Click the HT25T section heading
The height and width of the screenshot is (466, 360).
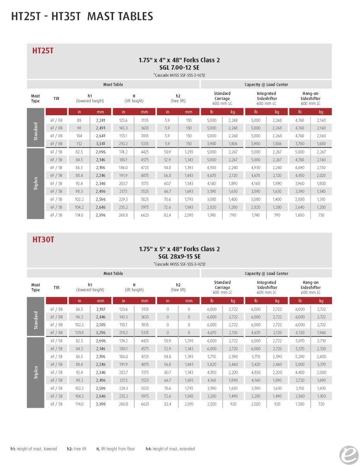click(x=43, y=50)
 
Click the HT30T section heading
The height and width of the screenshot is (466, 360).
click(x=43, y=239)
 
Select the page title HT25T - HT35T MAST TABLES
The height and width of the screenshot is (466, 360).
click(x=82, y=16)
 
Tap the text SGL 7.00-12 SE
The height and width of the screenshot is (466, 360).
click(x=179, y=67)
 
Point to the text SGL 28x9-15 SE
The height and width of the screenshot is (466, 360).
click(x=179, y=256)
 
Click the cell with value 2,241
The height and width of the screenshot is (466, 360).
click(x=101, y=120)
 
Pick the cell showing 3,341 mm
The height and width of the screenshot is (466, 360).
click(x=101, y=144)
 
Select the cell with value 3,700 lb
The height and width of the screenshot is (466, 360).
click(x=300, y=144)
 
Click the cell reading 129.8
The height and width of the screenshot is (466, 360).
click(x=79, y=333)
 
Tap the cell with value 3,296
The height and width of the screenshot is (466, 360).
click(x=101, y=333)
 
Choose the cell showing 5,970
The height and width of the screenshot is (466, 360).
click(x=300, y=341)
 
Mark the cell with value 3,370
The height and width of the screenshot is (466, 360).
click(x=321, y=365)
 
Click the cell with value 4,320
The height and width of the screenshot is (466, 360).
click(x=300, y=333)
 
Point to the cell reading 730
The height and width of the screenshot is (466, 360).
click(x=321, y=215)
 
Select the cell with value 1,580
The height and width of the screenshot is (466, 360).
click(x=300, y=404)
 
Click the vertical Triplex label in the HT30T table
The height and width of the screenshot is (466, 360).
click(x=35, y=372)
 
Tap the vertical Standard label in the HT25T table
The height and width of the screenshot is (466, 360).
click(x=35, y=132)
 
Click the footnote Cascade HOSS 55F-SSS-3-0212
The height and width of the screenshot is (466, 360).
click(x=179, y=264)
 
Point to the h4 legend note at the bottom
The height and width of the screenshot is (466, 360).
click(x=170, y=449)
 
